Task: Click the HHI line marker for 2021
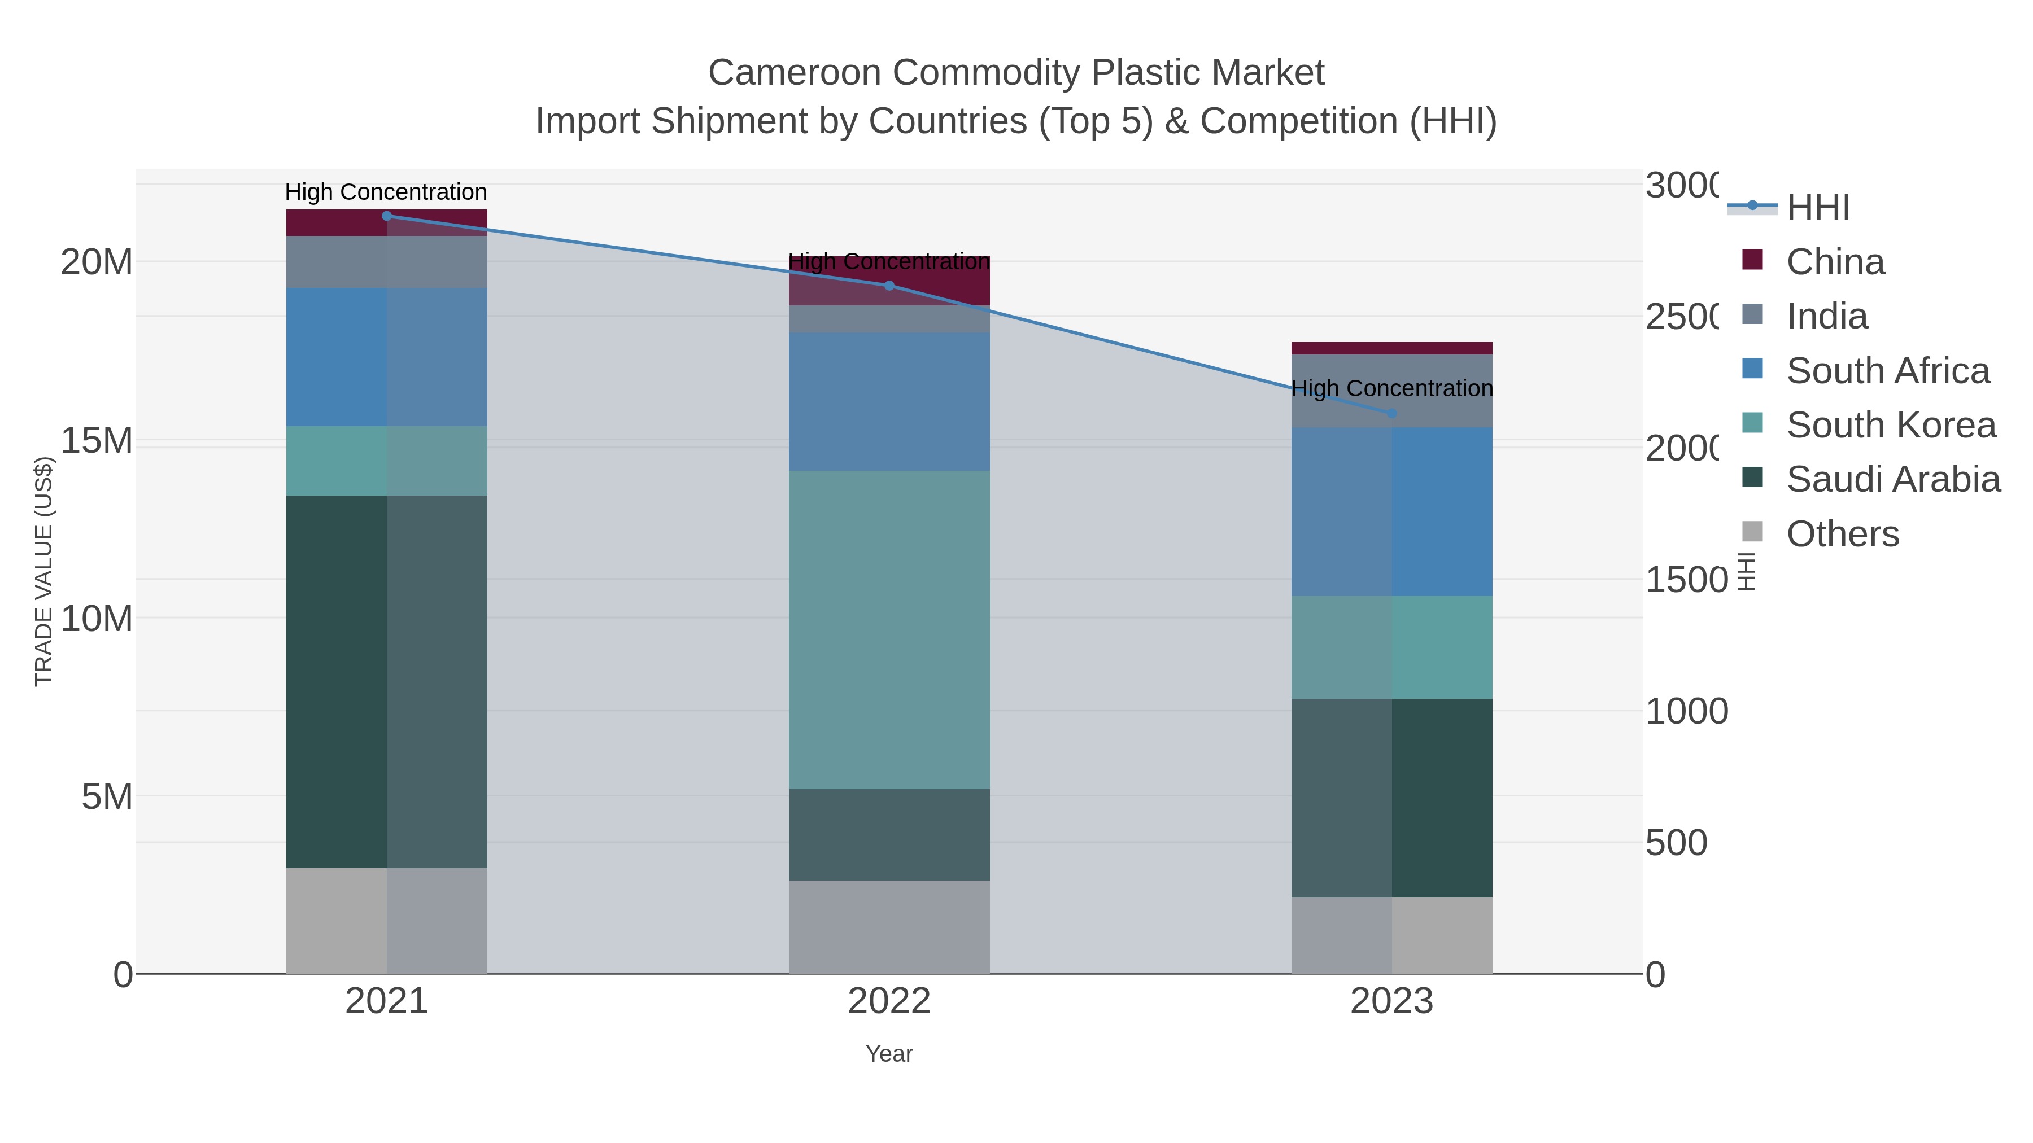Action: [387, 216]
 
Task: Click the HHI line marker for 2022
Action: [889, 286]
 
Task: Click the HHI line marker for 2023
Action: [1392, 413]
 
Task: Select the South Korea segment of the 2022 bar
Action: [889, 629]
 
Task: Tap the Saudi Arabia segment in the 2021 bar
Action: [387, 681]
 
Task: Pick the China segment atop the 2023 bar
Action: [1392, 348]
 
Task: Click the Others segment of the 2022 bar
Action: [889, 927]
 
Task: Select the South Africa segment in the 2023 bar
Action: [1392, 511]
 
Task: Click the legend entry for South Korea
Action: [1891, 425]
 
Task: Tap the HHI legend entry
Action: [1817, 208]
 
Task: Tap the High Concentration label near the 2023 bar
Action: [1391, 388]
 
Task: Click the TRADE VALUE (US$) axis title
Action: [44, 571]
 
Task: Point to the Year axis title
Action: [889, 1054]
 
